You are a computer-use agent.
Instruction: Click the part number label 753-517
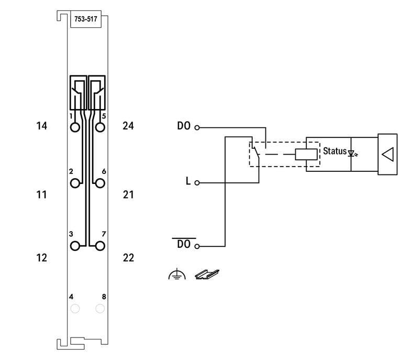point(86,19)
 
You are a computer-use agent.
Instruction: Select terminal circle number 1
point(75,127)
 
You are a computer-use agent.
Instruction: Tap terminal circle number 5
point(100,127)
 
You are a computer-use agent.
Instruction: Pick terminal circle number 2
point(75,183)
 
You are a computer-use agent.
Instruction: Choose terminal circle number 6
point(100,183)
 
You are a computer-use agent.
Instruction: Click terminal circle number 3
point(75,246)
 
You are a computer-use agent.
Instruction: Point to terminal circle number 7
point(100,246)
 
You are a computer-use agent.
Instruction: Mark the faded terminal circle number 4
point(75,309)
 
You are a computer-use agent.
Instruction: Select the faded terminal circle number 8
point(100,309)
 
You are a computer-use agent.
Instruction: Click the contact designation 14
point(41,126)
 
